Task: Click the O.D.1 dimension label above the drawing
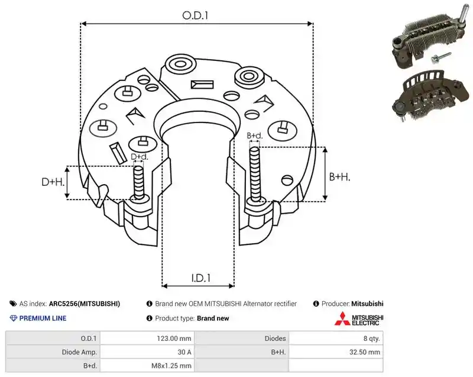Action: tap(195, 15)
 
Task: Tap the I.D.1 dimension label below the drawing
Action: tap(200, 278)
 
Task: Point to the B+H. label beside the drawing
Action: tap(339, 177)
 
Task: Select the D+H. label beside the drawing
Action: tap(53, 182)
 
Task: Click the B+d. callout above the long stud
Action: tap(255, 136)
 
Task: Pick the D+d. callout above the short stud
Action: tap(140, 157)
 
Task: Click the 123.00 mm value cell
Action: tap(174, 339)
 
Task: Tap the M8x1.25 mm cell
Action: tap(171, 366)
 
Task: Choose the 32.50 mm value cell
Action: tap(365, 352)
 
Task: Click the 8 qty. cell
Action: tap(372, 339)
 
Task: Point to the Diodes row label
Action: tap(275, 339)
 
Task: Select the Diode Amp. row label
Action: tap(79, 352)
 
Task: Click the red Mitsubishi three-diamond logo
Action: tap(342, 319)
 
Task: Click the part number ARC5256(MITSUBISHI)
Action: tap(85, 304)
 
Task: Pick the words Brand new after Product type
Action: tap(213, 318)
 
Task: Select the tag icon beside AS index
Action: tap(13, 304)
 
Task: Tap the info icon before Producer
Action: tap(316, 304)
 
